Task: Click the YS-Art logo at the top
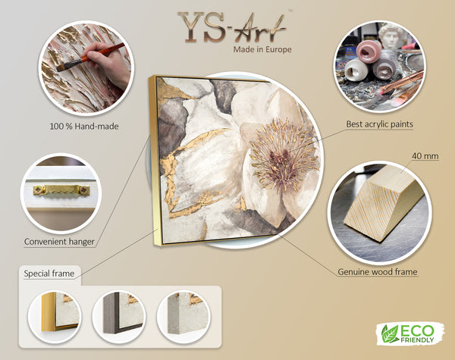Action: pyautogui.click(x=233, y=27)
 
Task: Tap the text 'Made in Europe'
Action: pyautogui.click(x=262, y=49)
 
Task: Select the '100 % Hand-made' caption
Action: pyautogui.click(x=84, y=127)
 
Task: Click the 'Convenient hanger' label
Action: pyautogui.click(x=59, y=242)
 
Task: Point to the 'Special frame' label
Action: pyautogui.click(x=49, y=274)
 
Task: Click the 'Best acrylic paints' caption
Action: pyautogui.click(x=380, y=124)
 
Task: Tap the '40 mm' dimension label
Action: pyautogui.click(x=425, y=156)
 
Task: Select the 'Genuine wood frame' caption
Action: pyautogui.click(x=378, y=272)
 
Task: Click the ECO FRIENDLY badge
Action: pyautogui.click(x=410, y=333)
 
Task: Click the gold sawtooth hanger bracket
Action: pyautogui.click(x=61, y=190)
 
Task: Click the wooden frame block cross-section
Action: pyautogui.click(x=384, y=203)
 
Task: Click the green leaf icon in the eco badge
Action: pyautogui.click(x=390, y=334)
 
